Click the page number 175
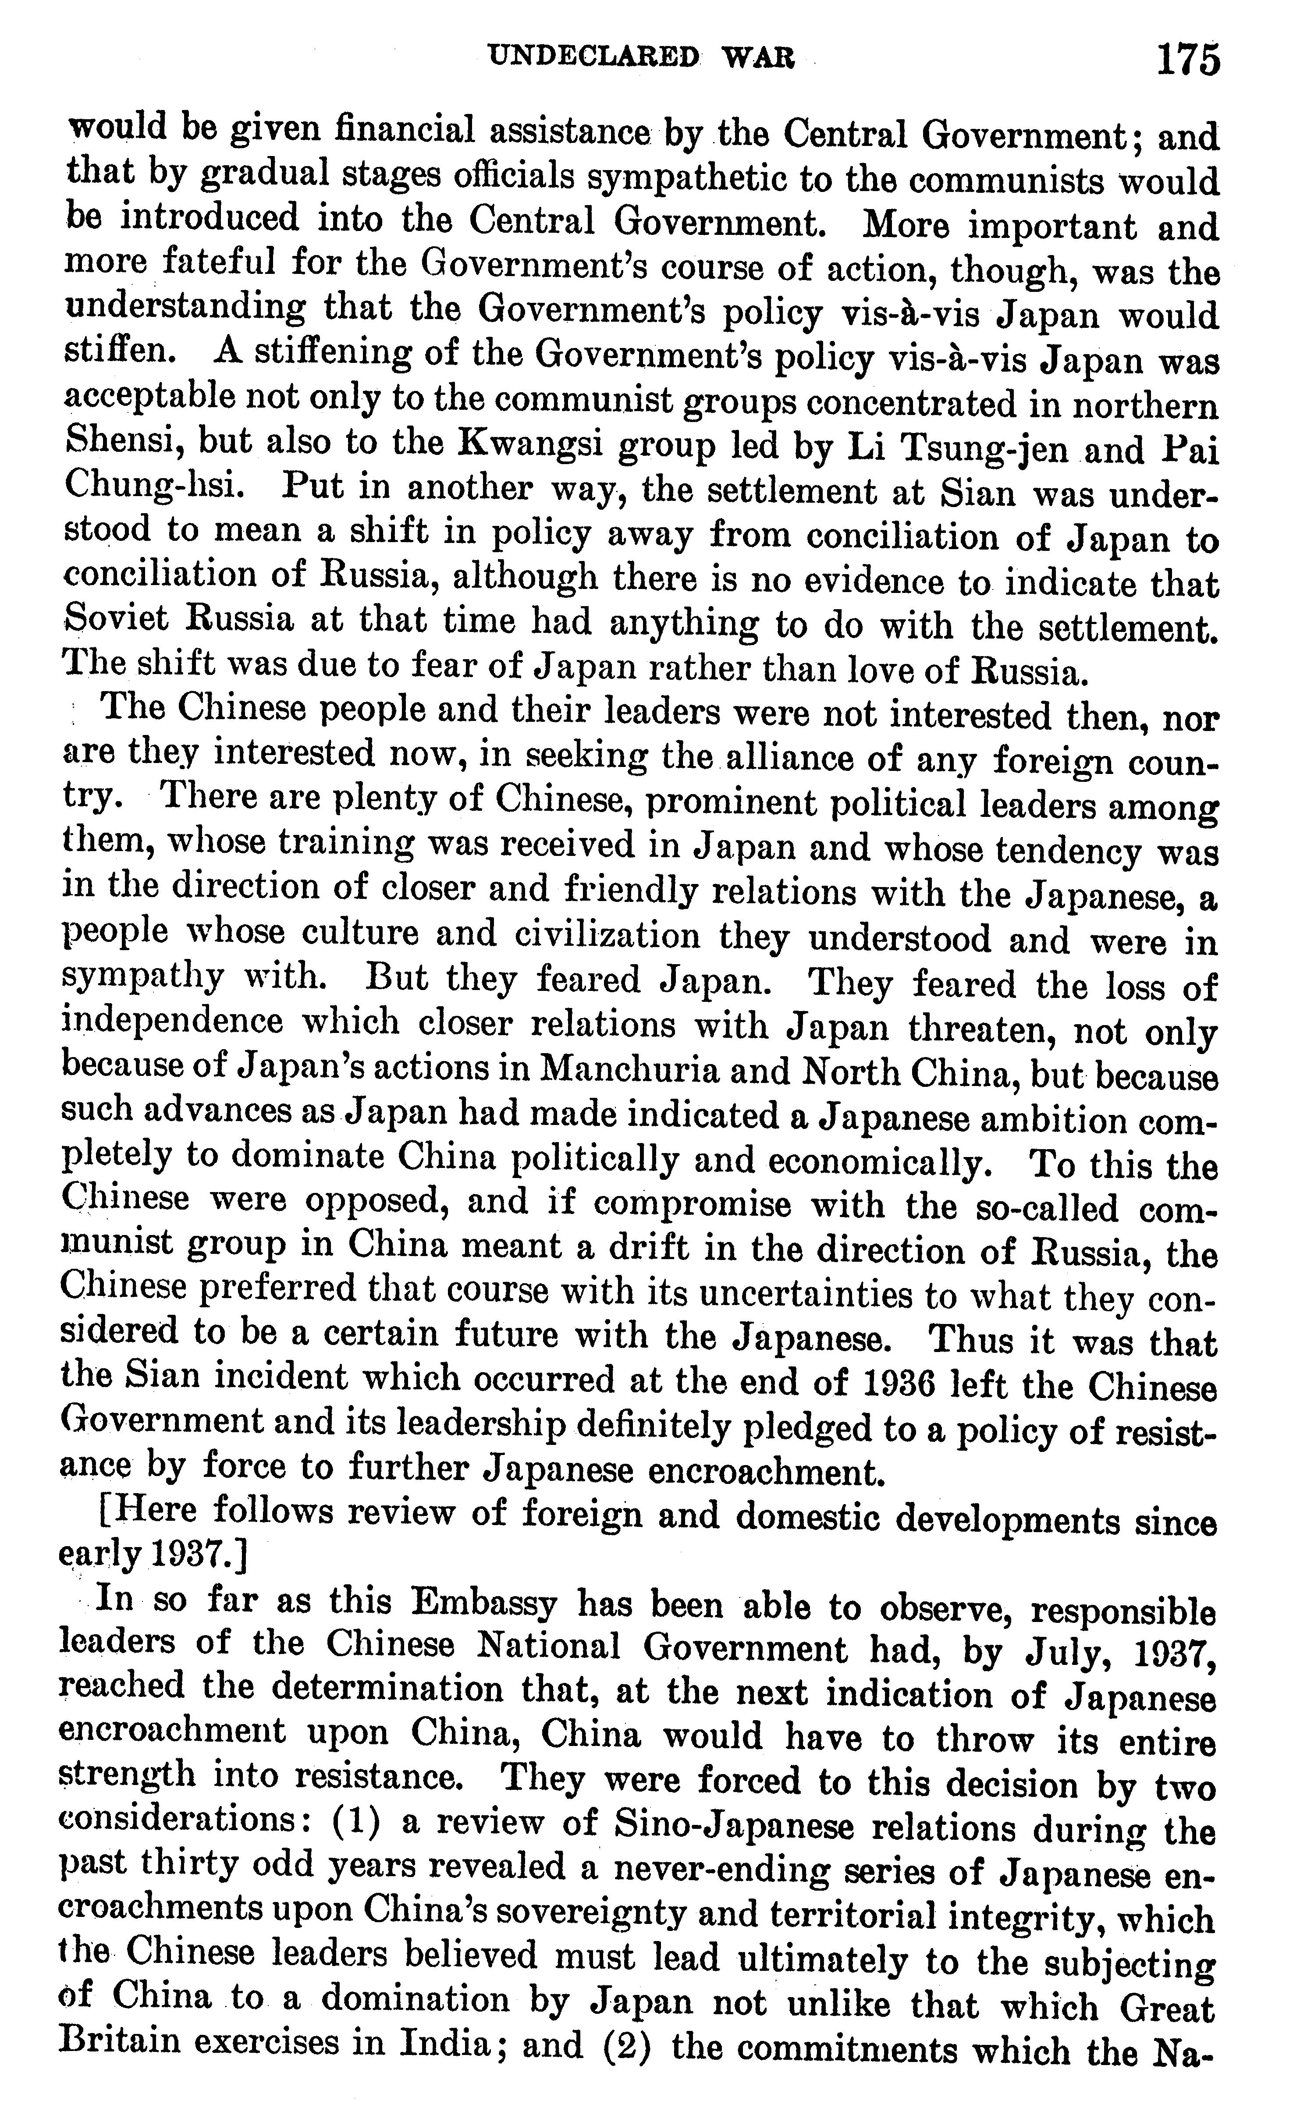pos(1187,61)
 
